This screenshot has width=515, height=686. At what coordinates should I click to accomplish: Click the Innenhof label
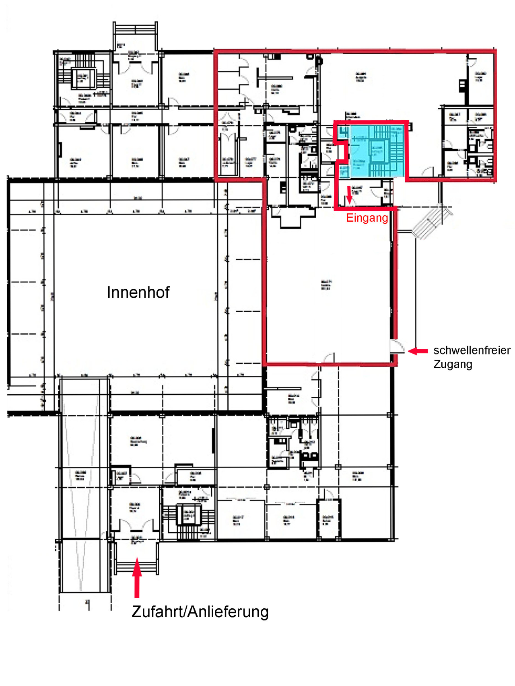[x=138, y=293]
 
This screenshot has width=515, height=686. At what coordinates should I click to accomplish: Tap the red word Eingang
[x=367, y=218]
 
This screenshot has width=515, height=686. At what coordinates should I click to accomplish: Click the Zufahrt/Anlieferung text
[x=200, y=612]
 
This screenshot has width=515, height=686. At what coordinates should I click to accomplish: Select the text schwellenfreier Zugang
[x=471, y=357]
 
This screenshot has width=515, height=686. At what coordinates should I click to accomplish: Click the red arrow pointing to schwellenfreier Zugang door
[x=418, y=351]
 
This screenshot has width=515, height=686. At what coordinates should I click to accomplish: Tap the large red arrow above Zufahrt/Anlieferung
[x=137, y=577]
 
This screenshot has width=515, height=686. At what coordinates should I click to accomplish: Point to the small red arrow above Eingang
[x=349, y=195]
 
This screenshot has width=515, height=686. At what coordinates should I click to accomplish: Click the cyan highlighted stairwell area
[x=376, y=151]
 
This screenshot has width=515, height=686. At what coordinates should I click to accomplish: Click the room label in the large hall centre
[x=326, y=285]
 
